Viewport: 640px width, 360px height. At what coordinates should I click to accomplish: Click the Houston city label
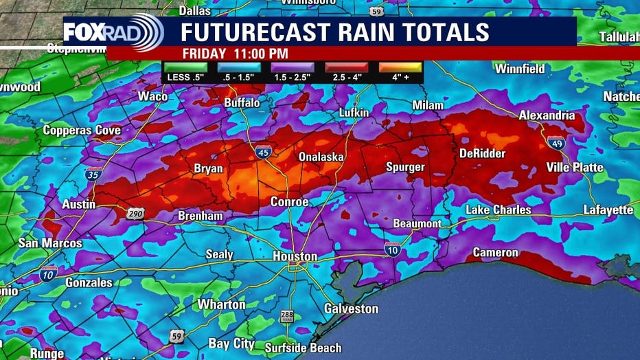tap(295, 256)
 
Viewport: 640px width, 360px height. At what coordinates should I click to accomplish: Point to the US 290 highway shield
tap(135, 214)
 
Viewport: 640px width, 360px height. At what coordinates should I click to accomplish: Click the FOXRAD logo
tap(113, 32)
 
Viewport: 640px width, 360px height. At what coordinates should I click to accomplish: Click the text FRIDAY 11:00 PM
tap(235, 54)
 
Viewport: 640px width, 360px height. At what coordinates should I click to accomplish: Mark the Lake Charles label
tap(498, 210)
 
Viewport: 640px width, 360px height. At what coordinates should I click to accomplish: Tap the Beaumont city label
tap(417, 224)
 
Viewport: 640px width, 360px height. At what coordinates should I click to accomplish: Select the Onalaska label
tap(321, 157)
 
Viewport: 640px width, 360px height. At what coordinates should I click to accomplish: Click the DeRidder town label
tap(481, 153)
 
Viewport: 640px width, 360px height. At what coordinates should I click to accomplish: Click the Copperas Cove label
tap(82, 130)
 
